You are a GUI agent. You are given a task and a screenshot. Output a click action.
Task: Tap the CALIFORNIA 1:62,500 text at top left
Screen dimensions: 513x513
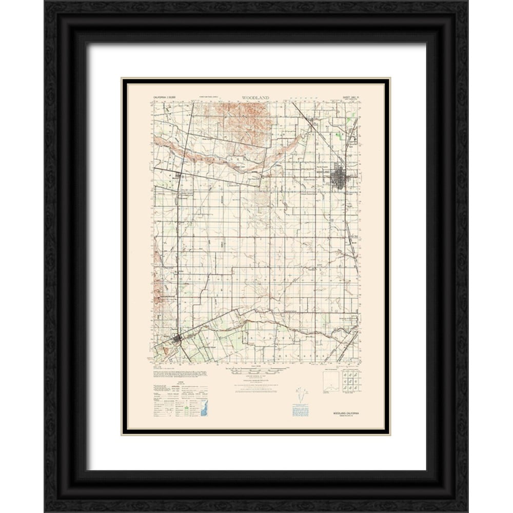coord(164,97)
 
